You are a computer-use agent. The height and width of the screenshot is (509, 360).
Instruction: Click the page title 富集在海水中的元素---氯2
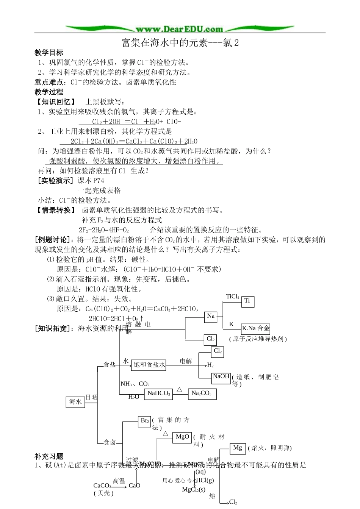click(180, 43)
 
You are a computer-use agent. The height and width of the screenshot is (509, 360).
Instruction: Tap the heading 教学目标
click(49, 53)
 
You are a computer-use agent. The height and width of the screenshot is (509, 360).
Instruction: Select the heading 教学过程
click(49, 92)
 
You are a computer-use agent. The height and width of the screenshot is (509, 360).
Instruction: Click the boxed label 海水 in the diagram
click(75, 402)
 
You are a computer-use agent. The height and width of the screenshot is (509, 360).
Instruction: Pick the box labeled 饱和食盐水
click(149, 365)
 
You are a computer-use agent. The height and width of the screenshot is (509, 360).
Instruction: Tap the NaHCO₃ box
click(159, 393)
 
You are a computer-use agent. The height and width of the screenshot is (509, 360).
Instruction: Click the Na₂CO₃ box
click(202, 393)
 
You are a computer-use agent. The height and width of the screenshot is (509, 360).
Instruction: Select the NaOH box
click(221, 376)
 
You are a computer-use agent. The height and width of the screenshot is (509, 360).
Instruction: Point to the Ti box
click(247, 301)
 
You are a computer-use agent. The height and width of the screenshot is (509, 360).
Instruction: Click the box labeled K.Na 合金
click(256, 328)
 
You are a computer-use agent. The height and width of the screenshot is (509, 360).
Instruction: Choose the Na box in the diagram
click(211, 316)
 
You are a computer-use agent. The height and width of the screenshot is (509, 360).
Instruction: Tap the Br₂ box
click(145, 421)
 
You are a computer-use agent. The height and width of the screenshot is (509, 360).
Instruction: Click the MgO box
click(182, 437)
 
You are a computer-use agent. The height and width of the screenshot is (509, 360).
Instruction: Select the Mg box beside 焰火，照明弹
click(238, 448)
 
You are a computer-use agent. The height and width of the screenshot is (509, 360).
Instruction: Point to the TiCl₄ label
click(233, 297)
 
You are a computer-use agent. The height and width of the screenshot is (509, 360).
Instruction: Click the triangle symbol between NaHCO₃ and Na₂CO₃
click(179, 389)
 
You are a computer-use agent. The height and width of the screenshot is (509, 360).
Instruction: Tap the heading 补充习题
click(49, 456)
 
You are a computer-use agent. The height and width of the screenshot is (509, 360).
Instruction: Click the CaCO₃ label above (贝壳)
click(102, 486)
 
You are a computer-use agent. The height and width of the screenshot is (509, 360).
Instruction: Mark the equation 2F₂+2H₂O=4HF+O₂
click(104, 230)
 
